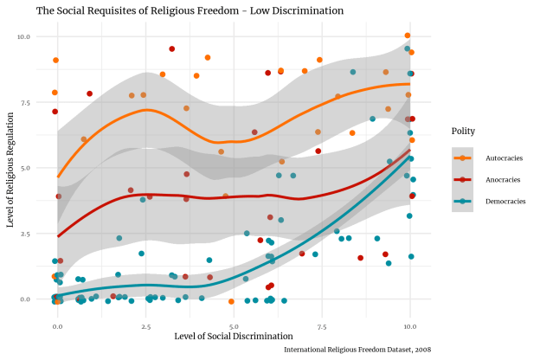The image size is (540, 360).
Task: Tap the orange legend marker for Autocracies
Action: tap(463, 157)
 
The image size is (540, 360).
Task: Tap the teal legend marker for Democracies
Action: tap(463, 201)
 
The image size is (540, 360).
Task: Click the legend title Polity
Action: tap(463, 132)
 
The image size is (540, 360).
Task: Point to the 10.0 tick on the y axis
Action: tap(23, 36)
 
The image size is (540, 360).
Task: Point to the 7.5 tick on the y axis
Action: tap(25, 102)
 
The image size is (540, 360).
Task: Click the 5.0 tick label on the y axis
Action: tap(25, 168)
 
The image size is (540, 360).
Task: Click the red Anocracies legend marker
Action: tap(463, 179)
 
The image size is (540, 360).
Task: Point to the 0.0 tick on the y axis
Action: tap(25, 299)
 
